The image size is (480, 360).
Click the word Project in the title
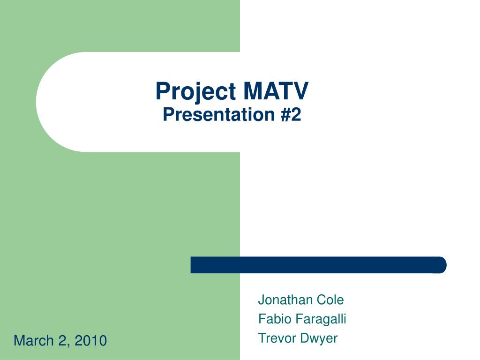coord(195,92)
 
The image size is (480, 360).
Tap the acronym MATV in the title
coord(276,91)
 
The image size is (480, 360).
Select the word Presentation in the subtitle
coord(219,114)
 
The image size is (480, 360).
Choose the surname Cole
coord(330,300)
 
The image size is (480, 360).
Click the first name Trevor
coord(277,338)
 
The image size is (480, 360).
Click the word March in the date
coord(34,340)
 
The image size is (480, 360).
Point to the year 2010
coord(90,340)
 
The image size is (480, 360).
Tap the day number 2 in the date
coord(62,340)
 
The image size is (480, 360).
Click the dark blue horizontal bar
coord(318,265)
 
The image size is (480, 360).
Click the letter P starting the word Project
coord(163,91)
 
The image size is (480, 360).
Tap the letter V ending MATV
coord(300,91)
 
